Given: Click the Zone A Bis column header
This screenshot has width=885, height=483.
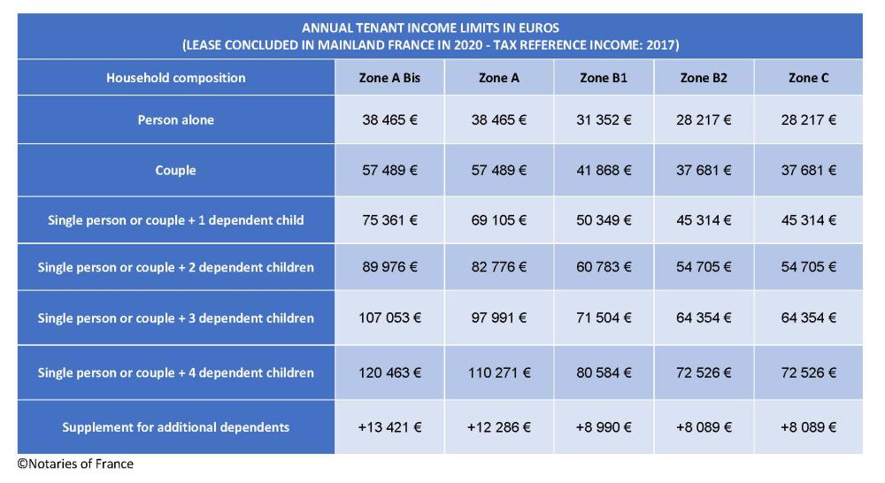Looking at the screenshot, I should pyautogui.click(x=389, y=78).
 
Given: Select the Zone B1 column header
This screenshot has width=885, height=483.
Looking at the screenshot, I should pyautogui.click(x=604, y=78).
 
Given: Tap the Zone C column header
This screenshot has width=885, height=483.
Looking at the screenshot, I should pyautogui.click(x=808, y=78).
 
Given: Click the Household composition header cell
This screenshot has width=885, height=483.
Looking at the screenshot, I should pyautogui.click(x=175, y=78).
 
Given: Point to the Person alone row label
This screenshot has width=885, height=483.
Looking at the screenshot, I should pyautogui.click(x=175, y=120).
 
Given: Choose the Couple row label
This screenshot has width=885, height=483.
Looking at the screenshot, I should pyautogui.click(x=175, y=170).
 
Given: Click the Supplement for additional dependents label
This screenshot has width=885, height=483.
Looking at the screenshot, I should pyautogui.click(x=175, y=427).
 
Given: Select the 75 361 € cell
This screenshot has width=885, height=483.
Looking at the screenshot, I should pyautogui.click(x=389, y=220).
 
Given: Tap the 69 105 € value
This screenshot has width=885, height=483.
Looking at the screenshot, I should pyautogui.click(x=498, y=220).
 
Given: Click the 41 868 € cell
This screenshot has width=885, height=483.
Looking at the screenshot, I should pyautogui.click(x=604, y=170).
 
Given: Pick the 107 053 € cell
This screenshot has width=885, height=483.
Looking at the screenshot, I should pyautogui.click(x=389, y=318).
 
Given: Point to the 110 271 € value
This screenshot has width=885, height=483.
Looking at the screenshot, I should pyautogui.click(x=498, y=372).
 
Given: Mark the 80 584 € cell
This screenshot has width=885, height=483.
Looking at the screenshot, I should pyautogui.click(x=604, y=372).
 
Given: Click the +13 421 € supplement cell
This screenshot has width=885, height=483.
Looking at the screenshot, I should pyautogui.click(x=389, y=427).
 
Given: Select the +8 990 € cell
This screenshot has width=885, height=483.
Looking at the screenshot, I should pyautogui.click(x=604, y=427).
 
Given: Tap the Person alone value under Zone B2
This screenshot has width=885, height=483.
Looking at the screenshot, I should pyautogui.click(x=704, y=120).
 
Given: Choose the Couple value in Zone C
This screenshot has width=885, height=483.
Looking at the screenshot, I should pyautogui.click(x=808, y=170).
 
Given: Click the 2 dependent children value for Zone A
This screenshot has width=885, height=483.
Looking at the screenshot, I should pyautogui.click(x=498, y=267).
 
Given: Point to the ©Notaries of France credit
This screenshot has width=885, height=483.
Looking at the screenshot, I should pyautogui.click(x=75, y=464).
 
